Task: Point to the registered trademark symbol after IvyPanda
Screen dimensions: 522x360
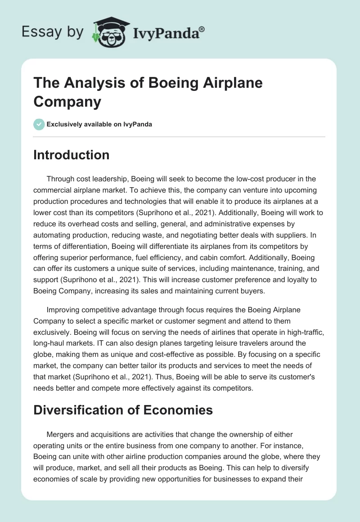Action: coord(202,29)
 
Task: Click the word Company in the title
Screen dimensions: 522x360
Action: coord(67,101)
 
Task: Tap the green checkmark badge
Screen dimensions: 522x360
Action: coord(39,124)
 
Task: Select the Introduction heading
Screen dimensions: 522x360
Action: coord(72,155)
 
